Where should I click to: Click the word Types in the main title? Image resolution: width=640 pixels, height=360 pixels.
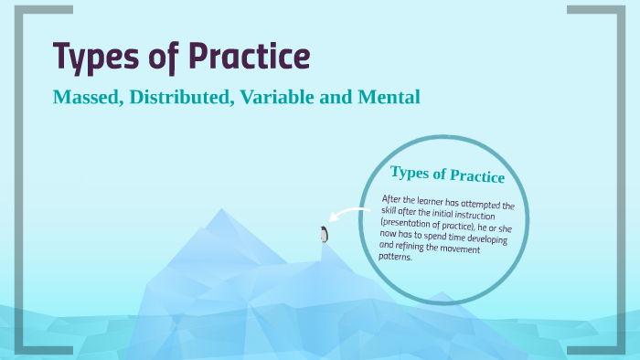(97, 58)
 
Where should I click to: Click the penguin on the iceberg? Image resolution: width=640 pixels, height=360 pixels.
(323, 234)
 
